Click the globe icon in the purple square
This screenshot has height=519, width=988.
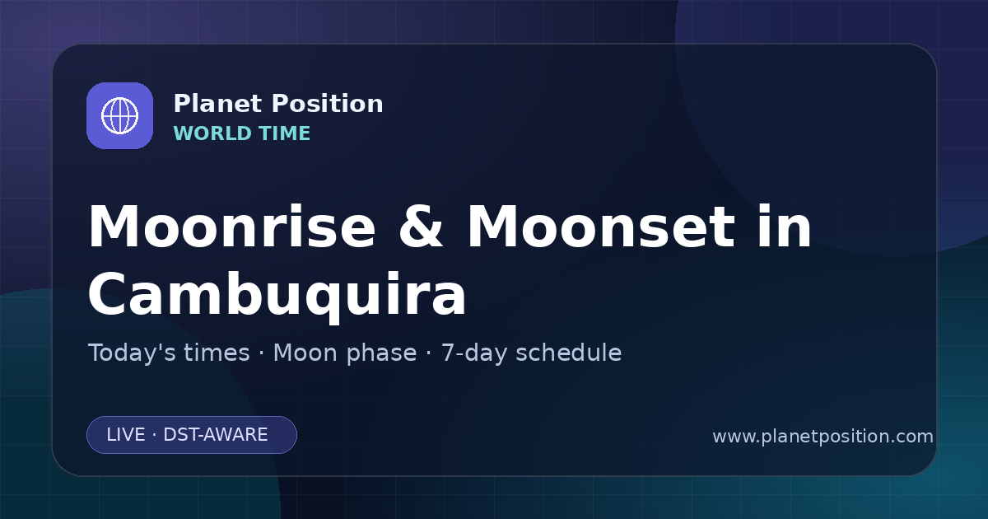pos(120,115)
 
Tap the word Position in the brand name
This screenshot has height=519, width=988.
pos(328,103)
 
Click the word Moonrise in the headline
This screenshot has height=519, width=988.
pos(232,227)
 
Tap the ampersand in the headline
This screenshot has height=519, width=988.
pos(421,227)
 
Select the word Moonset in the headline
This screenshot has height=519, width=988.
pos(601,227)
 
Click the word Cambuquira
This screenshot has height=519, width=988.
pos(277,294)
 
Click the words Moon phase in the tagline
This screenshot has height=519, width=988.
pos(345,353)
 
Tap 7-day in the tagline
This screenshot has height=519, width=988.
pos(474,353)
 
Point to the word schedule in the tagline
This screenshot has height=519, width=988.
pos(569,353)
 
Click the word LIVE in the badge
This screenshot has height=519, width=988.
pos(126,435)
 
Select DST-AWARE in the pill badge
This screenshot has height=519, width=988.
pos(216,435)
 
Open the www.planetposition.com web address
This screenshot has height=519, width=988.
pos(823,437)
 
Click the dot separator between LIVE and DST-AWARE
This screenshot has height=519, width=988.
pos(155,435)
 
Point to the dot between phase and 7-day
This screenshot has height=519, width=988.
pos(429,353)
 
